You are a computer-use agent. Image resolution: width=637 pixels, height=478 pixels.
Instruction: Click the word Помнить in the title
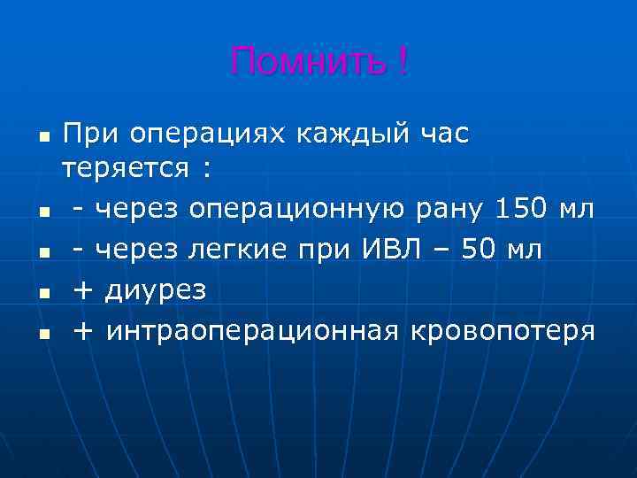pyautogui.click(x=308, y=63)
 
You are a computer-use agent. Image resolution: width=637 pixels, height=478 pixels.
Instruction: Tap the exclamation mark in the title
pyautogui.click(x=403, y=62)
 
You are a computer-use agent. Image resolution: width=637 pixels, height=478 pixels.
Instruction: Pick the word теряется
pyautogui.click(x=126, y=168)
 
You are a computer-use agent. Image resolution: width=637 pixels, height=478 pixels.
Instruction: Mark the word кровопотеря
pyautogui.click(x=502, y=332)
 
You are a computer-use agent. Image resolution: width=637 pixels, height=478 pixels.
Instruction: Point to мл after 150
pyautogui.click(x=579, y=208)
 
